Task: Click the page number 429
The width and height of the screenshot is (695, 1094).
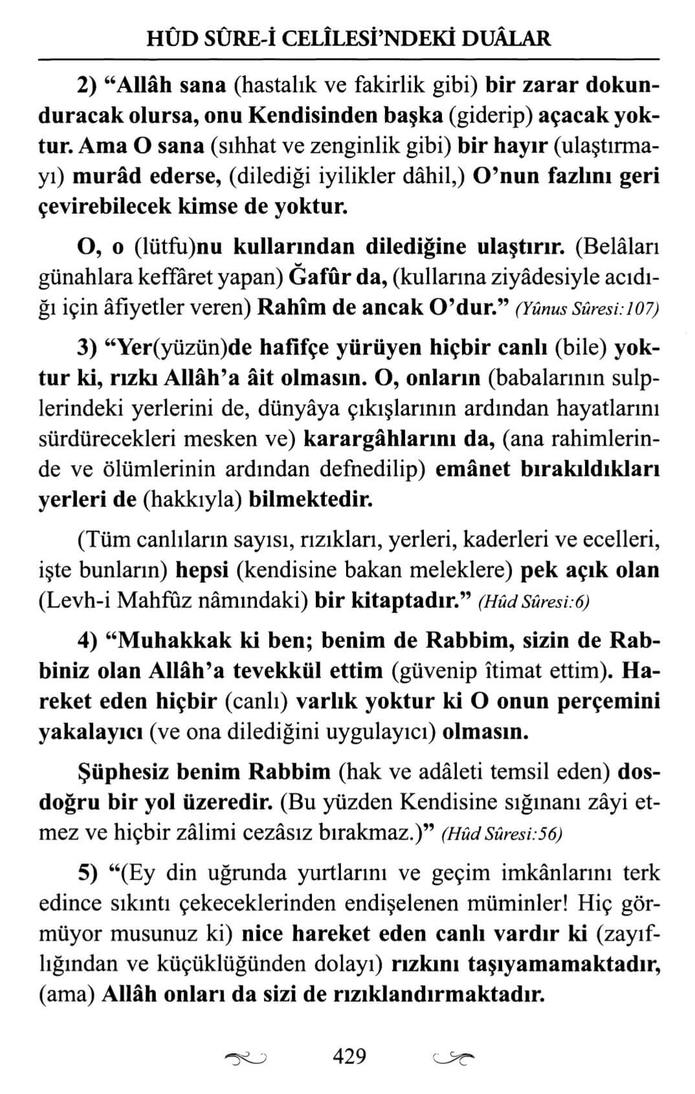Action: tap(349, 1056)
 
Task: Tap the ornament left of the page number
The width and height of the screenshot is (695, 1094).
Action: tap(248, 1058)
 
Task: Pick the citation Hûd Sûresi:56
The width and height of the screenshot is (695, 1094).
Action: tap(502, 835)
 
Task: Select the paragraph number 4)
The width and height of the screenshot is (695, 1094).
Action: tap(87, 640)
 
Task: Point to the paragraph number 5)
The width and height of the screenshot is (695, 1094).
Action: tap(87, 873)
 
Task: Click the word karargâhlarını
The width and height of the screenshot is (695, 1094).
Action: tap(392, 440)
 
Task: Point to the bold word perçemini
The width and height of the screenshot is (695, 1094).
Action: tap(606, 701)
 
